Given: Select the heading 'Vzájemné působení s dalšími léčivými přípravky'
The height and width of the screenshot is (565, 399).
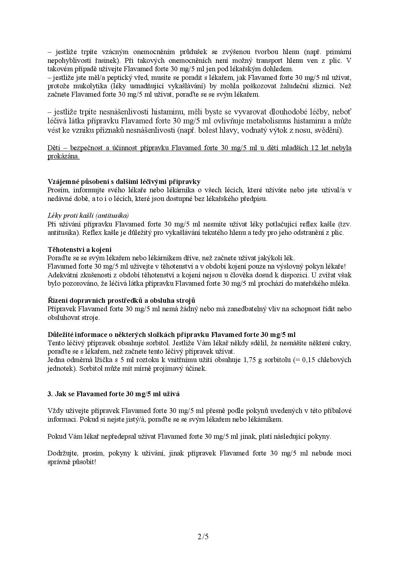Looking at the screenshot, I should [124, 182].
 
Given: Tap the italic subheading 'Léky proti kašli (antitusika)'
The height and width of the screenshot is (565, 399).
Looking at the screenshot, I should [88, 215].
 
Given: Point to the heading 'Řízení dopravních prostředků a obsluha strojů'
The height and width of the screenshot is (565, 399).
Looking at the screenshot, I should [121, 301].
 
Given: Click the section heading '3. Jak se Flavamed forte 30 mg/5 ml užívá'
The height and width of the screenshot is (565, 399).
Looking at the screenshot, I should [114, 394].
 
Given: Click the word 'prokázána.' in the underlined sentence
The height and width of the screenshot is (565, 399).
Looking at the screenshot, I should [63, 157].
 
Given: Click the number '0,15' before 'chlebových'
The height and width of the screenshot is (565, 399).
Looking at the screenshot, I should [309, 360].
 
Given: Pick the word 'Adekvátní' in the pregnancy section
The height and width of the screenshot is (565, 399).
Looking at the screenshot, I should [62, 275].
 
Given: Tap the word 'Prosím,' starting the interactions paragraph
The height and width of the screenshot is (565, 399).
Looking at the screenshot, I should [58, 190].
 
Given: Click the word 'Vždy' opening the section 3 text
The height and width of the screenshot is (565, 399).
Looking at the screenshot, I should [54, 411].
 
